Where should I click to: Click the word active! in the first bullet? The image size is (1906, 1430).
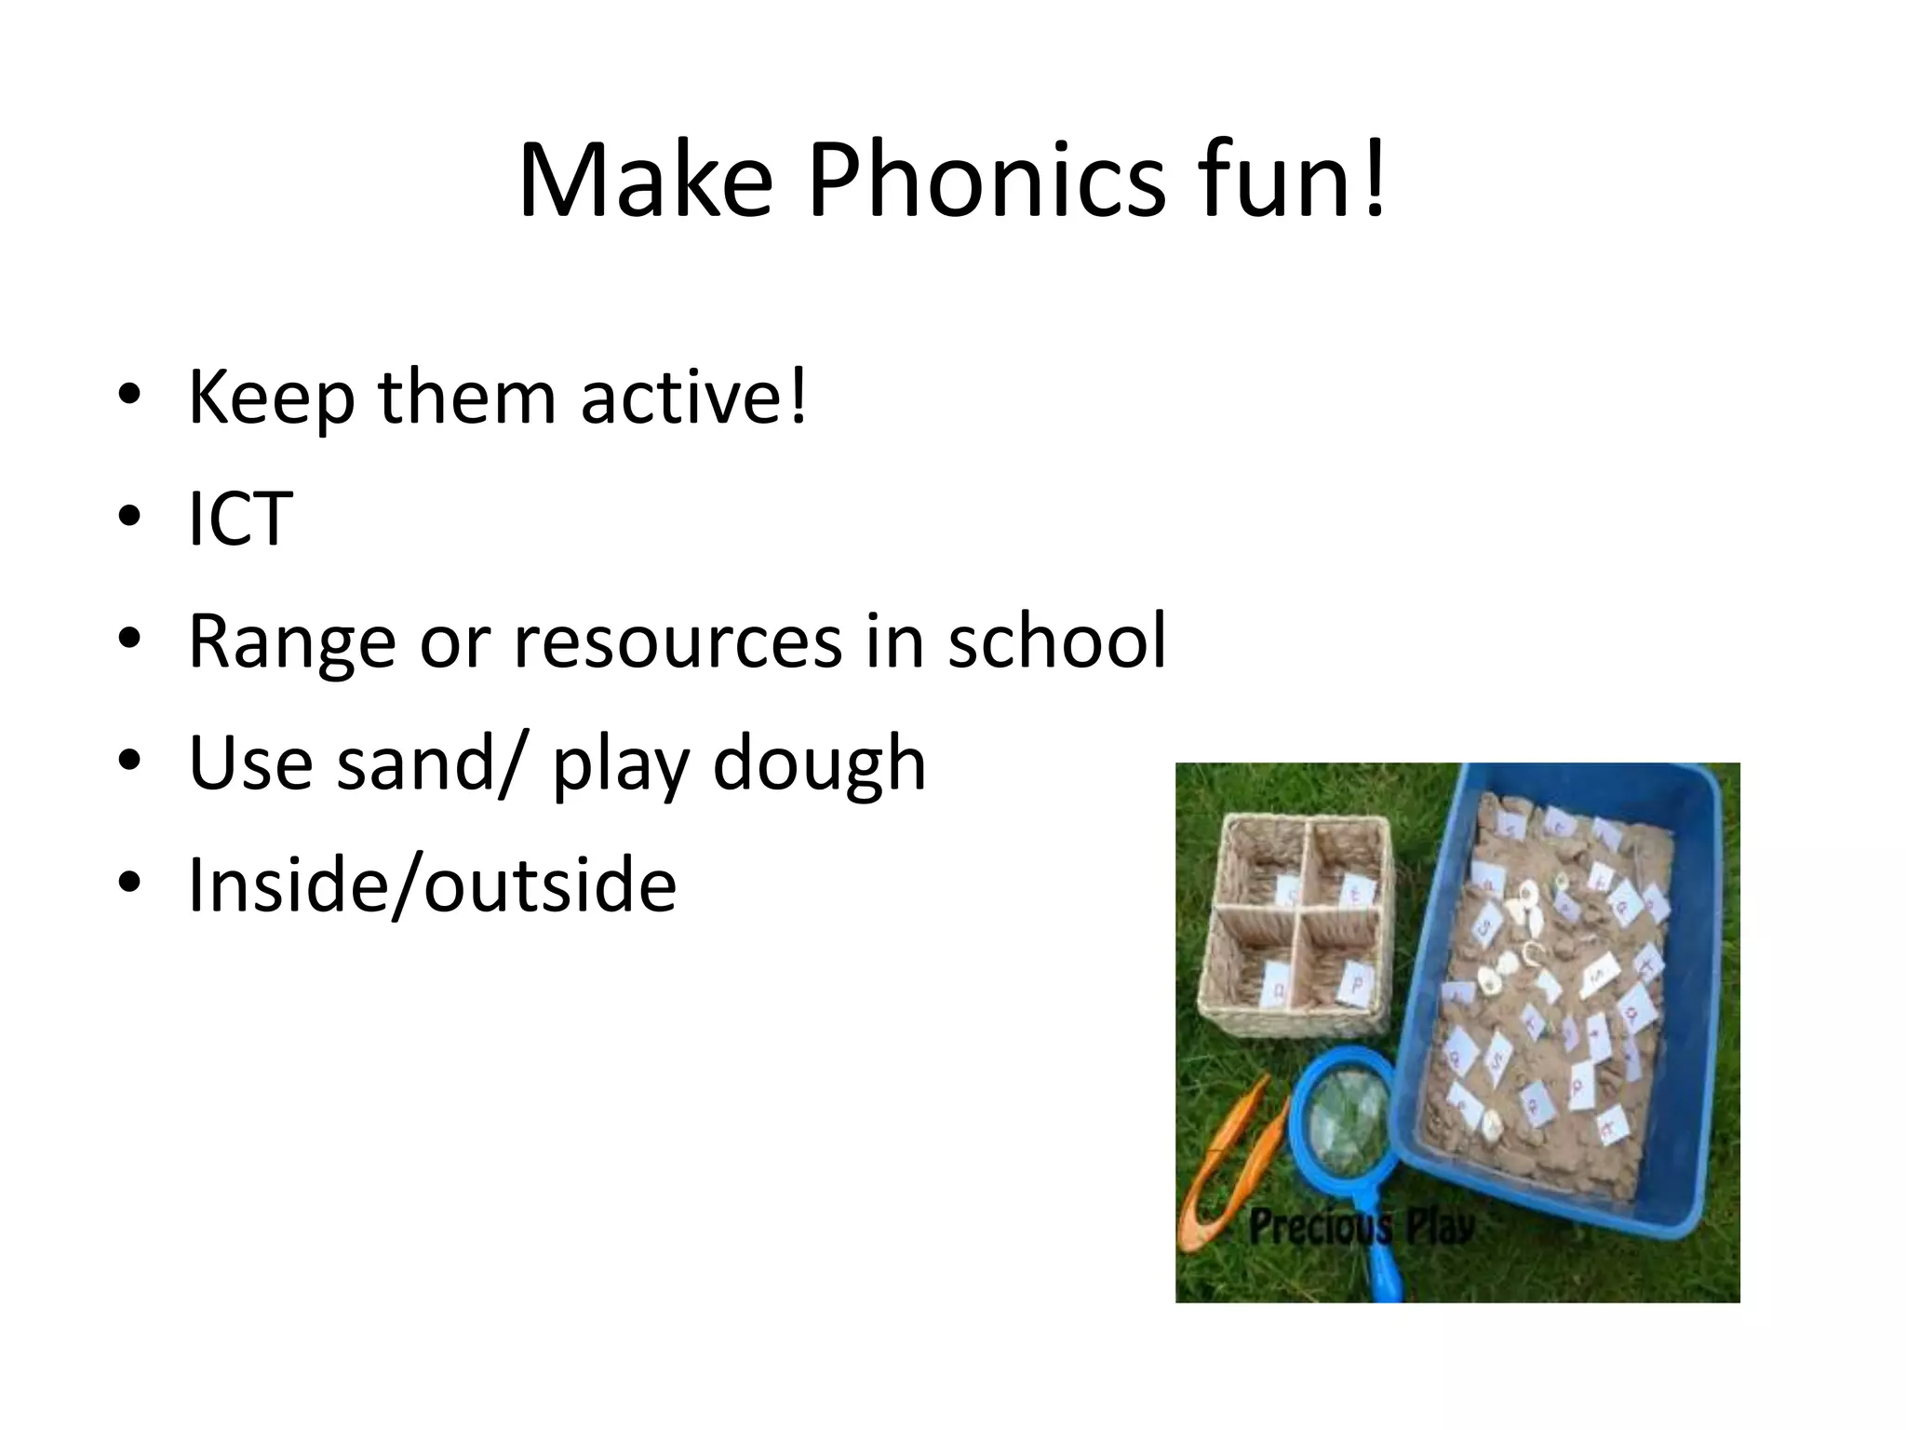tap(694, 398)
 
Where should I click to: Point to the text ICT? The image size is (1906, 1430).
tap(240, 519)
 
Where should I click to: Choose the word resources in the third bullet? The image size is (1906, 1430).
tap(678, 641)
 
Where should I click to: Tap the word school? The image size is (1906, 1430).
tap(1056, 641)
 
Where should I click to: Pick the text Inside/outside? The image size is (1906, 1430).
tap(432, 885)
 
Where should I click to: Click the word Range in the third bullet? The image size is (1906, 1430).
tap(292, 643)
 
